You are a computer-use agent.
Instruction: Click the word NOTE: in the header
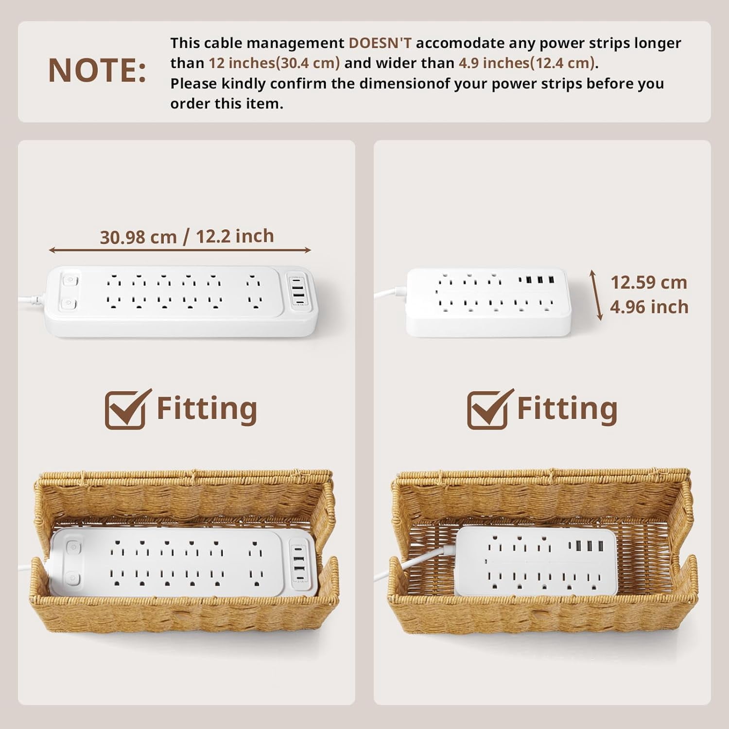97,70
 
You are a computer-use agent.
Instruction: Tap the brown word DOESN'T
380,43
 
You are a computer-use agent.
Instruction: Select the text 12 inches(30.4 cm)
274,63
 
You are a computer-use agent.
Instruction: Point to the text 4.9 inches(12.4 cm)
527,63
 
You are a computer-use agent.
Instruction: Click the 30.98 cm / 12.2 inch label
187,237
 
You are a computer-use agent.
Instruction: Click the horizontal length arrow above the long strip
180,250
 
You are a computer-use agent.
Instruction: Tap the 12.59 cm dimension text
648,282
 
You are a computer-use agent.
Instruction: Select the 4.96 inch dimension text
649,307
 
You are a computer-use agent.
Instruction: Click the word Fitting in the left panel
207,409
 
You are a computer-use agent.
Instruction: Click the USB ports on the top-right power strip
537,280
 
